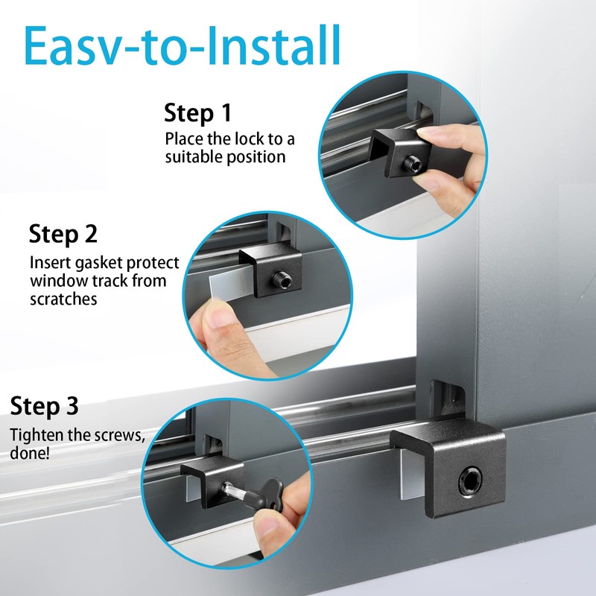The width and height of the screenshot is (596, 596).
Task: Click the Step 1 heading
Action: point(197,113)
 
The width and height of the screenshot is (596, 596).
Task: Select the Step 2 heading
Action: point(63,234)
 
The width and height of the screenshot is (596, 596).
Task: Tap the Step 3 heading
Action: point(44,407)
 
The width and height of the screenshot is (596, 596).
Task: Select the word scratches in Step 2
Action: point(64,299)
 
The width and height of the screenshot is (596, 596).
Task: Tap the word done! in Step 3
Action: point(30,452)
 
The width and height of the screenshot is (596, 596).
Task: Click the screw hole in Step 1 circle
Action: point(412,162)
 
